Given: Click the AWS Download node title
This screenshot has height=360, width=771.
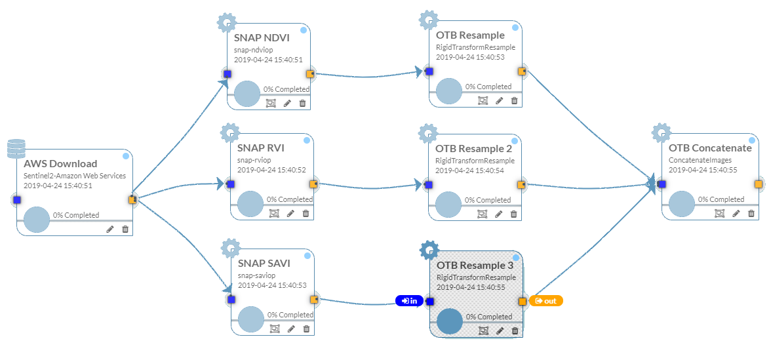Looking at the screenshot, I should [x=60, y=163].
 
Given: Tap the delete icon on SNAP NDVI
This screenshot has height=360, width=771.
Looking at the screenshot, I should [x=302, y=103].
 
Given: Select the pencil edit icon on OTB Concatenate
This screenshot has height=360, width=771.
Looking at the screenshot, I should [x=736, y=213].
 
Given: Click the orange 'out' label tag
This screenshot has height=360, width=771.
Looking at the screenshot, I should [x=545, y=301].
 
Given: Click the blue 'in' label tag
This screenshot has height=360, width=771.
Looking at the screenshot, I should [x=410, y=301].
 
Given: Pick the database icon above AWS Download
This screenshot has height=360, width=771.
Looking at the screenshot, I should [x=16, y=149].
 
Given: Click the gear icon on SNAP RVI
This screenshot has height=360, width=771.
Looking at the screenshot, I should [x=229, y=133].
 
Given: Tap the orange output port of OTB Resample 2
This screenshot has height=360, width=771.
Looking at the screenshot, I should [x=521, y=185].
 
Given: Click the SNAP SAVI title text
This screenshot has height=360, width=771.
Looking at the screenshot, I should [x=264, y=263].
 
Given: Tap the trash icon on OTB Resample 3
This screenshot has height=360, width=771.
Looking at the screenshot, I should [x=515, y=331].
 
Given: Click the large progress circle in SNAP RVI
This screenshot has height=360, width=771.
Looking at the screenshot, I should [x=250, y=203].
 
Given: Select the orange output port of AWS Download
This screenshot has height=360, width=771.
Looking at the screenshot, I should [x=132, y=199].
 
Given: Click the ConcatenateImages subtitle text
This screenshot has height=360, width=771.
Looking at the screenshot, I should [x=699, y=159].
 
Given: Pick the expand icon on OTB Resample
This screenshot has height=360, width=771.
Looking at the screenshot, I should [x=483, y=100].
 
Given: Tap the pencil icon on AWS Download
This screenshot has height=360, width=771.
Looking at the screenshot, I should [x=109, y=229].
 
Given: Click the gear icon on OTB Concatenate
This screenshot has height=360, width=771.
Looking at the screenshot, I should [x=660, y=132].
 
